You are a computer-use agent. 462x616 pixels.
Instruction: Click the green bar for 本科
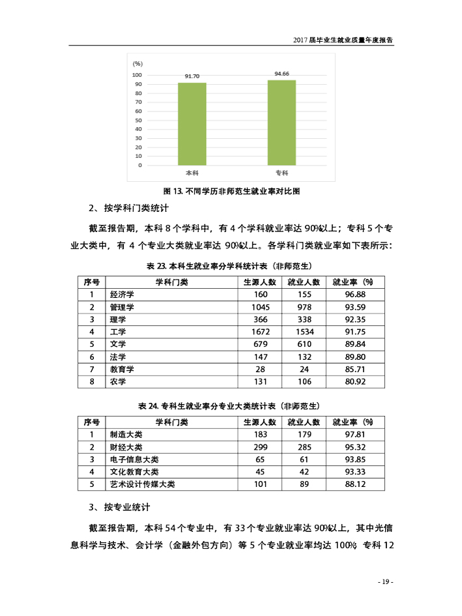192,124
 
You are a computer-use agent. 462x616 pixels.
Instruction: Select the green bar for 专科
282,123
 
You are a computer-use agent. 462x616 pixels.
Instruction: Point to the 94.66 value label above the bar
282,74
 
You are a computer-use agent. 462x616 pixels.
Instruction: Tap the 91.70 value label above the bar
192,76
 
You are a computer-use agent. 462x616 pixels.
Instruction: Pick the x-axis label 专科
282,173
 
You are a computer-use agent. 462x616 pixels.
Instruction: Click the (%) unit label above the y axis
137,63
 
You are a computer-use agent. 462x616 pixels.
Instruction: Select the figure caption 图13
231,191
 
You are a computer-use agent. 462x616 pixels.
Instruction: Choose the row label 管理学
122,307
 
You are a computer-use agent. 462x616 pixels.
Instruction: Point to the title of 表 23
231,266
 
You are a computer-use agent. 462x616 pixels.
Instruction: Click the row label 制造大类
126,435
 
